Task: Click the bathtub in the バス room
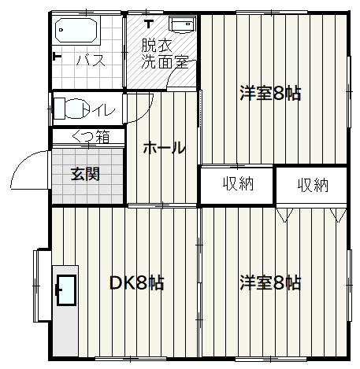pyautogui.click(x=76, y=30)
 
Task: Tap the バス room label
pyautogui.click(x=91, y=60)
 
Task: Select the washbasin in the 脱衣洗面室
pyautogui.click(x=183, y=24)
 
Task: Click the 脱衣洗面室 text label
pyautogui.click(x=165, y=54)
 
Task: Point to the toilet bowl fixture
pyautogui.click(x=69, y=109)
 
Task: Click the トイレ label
pyautogui.click(x=98, y=110)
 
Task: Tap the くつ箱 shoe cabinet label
pyautogui.click(x=91, y=137)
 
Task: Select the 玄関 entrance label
pyautogui.click(x=85, y=174)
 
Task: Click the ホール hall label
pyautogui.click(x=165, y=148)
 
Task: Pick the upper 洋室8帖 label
pyautogui.click(x=270, y=93)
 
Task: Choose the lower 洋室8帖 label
pyautogui.click(x=270, y=282)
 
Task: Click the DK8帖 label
pyautogui.click(x=137, y=283)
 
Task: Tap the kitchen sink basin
pyautogui.click(x=66, y=290)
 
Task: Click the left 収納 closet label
pyautogui.click(x=239, y=183)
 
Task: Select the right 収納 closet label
pyautogui.click(x=313, y=185)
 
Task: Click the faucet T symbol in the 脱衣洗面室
pyautogui.click(x=149, y=24)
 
